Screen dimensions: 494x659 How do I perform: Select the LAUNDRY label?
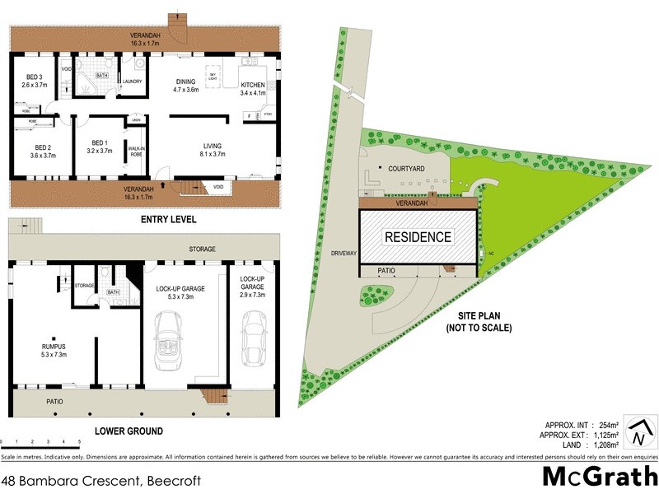[x=132, y=81]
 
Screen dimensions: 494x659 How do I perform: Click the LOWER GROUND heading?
[x=128, y=431]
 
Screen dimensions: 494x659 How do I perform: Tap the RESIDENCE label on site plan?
[x=418, y=237]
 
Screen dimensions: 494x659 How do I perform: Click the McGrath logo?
[x=600, y=477]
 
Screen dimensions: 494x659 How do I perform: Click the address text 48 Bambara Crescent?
[x=74, y=479]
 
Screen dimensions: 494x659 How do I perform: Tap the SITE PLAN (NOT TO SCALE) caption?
[x=479, y=322]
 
